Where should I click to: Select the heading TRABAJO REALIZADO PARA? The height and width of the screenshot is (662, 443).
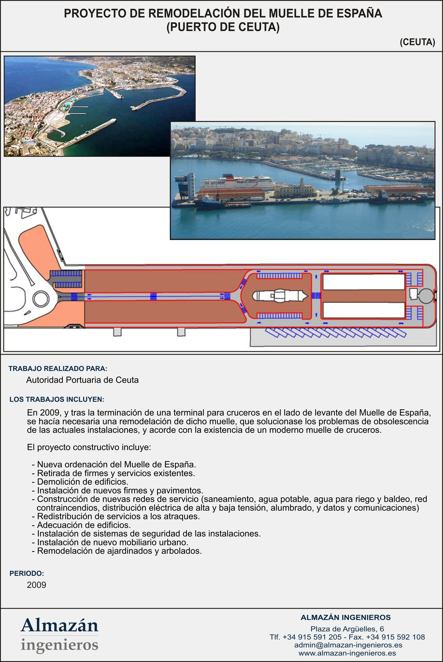tap(58, 368)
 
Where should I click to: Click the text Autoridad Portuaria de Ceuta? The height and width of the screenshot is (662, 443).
tap(82, 380)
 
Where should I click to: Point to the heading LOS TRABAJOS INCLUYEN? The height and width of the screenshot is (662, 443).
tap(57, 399)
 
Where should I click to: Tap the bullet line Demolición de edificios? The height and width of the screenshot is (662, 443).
tap(83, 482)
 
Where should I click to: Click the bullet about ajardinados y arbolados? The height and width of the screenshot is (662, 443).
tap(119, 551)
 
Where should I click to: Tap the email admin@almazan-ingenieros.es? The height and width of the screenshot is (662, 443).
tap(348, 645)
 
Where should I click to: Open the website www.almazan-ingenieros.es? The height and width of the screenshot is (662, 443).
tap(347, 653)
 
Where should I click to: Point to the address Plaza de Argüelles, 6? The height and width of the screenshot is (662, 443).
tap(347, 629)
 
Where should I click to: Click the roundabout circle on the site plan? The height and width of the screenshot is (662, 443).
tap(41, 299)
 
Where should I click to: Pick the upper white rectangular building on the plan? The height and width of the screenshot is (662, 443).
tap(364, 282)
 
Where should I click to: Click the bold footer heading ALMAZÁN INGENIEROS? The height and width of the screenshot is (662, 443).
tap(345, 617)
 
